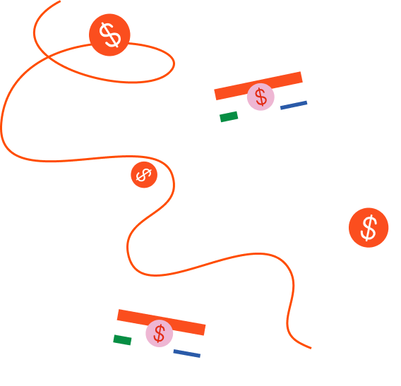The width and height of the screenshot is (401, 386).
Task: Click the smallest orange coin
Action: [x=144, y=174]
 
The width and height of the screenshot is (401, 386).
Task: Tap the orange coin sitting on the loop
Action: [x=109, y=35]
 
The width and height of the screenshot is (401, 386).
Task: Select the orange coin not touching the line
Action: [x=369, y=227]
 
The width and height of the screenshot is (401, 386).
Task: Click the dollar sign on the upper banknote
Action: [x=261, y=97]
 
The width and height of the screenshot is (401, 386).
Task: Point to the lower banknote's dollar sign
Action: [x=160, y=333]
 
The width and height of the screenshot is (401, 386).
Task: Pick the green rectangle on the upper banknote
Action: [x=229, y=116]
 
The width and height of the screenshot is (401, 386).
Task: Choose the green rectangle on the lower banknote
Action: [x=122, y=340]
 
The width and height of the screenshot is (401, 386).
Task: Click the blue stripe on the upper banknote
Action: [x=294, y=105]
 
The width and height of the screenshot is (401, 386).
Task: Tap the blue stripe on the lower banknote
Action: [x=187, y=353]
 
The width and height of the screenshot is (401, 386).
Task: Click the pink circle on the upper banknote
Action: [x=261, y=97]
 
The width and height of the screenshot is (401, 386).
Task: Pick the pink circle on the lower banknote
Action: [x=160, y=333]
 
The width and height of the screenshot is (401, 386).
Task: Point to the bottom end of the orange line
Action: [x=311, y=348]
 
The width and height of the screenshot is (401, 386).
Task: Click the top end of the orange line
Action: [x=59, y=1]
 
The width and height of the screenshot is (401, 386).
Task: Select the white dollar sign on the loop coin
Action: [x=109, y=35]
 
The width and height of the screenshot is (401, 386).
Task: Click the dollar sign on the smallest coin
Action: [x=144, y=174]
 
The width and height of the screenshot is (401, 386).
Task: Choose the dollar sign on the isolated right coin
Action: [x=369, y=227]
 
